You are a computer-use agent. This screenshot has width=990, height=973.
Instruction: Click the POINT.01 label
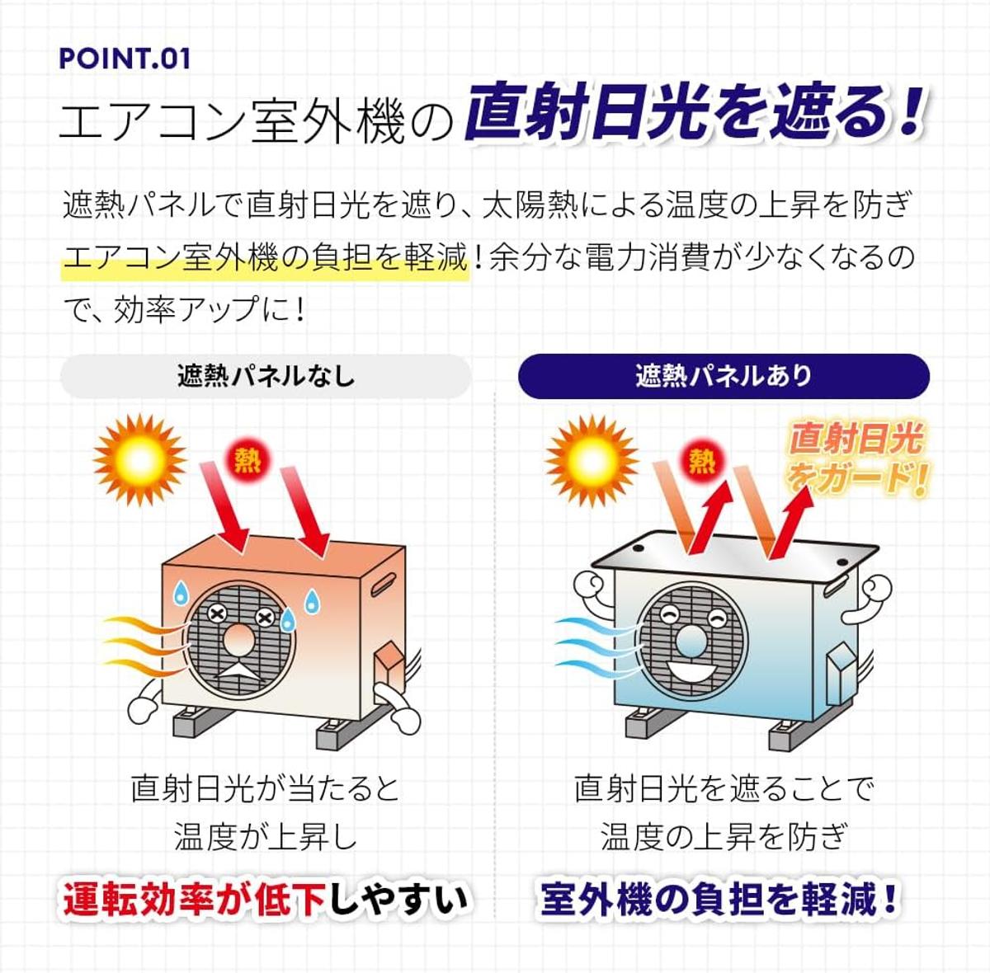[x=125, y=59]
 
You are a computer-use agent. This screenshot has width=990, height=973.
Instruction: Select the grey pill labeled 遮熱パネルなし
[x=266, y=376]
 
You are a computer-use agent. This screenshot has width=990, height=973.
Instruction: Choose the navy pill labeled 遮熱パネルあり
[x=724, y=376]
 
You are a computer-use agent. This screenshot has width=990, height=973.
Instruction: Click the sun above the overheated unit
[x=139, y=460]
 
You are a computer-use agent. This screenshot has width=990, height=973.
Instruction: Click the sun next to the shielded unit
[x=592, y=461]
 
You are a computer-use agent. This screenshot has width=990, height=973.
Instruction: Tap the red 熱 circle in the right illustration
[x=701, y=460]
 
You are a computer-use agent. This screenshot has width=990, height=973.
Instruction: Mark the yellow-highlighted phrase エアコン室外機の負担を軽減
[x=265, y=257]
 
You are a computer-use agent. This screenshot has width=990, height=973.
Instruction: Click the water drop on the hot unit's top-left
[x=180, y=592]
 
